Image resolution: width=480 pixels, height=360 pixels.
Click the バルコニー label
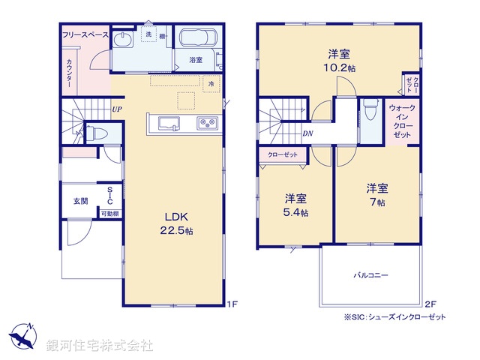[370, 276]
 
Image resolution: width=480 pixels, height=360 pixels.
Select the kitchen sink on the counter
[167, 124]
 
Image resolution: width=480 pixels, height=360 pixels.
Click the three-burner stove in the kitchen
[206, 124]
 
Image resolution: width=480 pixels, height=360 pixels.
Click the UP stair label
[116, 109]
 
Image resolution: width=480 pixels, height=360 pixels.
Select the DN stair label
[308, 133]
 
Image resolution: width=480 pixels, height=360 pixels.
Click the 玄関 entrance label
[79, 201]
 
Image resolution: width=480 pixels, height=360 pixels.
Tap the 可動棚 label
[109, 214]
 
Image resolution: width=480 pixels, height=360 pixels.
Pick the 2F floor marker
[430, 304]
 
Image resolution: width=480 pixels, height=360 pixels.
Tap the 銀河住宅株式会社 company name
[100, 346]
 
